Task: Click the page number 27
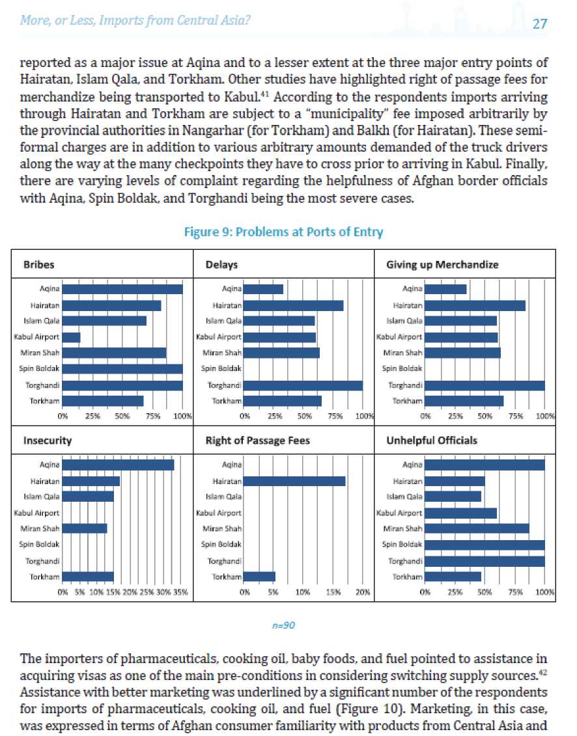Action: pos(540,23)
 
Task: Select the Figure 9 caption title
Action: pos(283,232)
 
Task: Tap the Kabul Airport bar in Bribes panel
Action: pos(72,337)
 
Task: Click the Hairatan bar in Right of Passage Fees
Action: pos(294,481)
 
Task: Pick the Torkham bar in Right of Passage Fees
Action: pos(259,577)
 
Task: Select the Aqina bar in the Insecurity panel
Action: pos(118,465)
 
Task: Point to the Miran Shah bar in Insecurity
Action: pos(85,528)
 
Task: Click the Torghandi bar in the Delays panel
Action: pos(303,385)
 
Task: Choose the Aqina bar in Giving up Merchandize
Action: pos(445,289)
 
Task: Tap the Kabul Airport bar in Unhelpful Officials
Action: pos(460,513)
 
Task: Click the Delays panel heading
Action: pos(221,265)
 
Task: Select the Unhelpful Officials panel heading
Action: pos(431,441)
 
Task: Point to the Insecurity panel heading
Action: pos(48,441)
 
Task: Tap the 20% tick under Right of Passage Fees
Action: pos(363,592)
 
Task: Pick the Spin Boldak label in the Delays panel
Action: pos(221,368)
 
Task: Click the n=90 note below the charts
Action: pos(283,625)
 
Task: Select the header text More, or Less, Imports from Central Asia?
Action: pos(135,21)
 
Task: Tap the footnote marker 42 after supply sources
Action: pos(543,673)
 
